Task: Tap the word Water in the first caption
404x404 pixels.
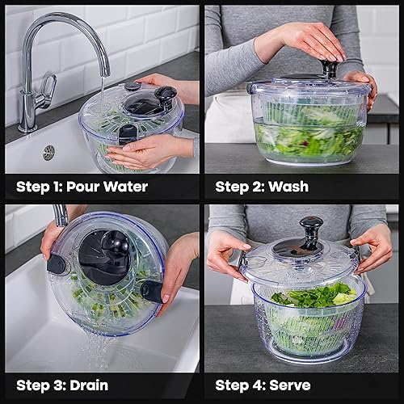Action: pyautogui.click(x=126, y=187)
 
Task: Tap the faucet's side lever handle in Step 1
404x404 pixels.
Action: pyautogui.click(x=46, y=87)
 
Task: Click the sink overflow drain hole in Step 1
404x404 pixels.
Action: pyautogui.click(x=48, y=152)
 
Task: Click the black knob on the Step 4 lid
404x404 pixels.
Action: pyautogui.click(x=310, y=228)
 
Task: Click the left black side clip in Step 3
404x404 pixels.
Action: pyautogui.click(x=57, y=264)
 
